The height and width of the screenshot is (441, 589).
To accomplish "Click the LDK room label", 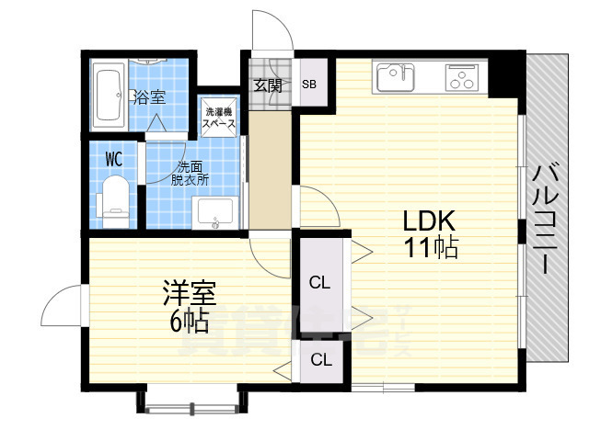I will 428,221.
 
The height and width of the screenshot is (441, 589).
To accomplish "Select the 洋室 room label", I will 189,294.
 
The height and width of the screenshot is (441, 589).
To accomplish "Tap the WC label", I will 114,158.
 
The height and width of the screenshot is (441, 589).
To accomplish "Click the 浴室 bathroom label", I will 149,96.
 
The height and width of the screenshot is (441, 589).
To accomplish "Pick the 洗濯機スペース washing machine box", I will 219,117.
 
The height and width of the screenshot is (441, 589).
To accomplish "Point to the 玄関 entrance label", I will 268,85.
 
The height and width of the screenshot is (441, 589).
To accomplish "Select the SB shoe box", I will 309,85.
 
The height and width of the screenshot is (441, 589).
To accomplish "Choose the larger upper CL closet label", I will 319,281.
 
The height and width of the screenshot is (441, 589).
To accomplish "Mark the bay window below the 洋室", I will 191,401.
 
